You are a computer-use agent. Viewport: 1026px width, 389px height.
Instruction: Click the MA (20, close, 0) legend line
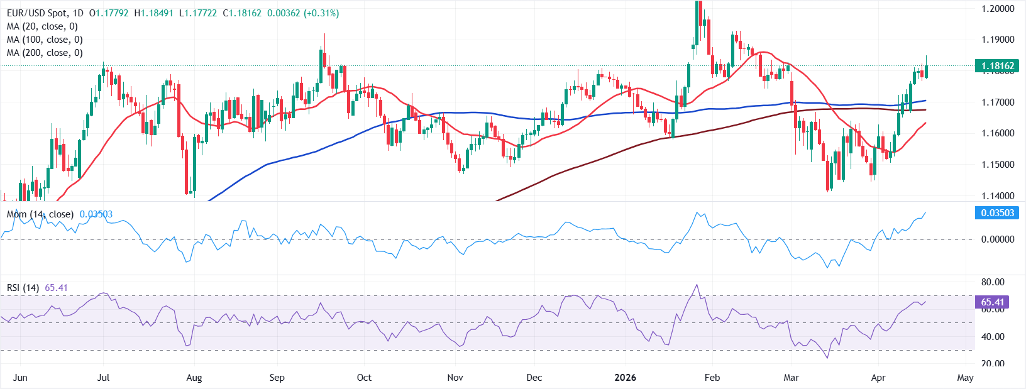coord(42,26)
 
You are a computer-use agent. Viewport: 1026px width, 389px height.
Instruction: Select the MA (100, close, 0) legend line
coord(45,40)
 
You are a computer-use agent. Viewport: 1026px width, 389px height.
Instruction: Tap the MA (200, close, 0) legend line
coord(45,53)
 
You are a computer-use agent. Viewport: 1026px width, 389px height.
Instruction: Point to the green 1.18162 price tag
coord(998,66)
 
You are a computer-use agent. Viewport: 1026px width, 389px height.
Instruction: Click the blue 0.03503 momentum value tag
coord(998,213)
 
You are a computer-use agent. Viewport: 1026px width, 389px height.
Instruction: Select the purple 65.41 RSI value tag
coord(993,302)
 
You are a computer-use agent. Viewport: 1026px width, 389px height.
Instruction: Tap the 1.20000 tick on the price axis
coord(998,9)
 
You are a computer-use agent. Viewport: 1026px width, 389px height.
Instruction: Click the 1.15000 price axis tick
coord(998,165)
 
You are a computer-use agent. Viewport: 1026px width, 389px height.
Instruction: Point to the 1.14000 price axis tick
coord(998,196)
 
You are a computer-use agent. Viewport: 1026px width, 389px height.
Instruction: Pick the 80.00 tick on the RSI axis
coord(993,282)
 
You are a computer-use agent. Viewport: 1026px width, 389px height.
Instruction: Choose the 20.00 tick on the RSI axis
coord(993,363)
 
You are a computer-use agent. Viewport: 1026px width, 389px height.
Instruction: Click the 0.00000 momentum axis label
coord(998,239)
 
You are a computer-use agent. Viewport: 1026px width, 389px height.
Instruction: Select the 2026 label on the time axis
coord(625,378)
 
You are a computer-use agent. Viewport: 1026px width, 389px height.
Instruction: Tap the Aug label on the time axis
coord(194,378)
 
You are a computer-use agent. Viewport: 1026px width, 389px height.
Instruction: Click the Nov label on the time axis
coord(455,378)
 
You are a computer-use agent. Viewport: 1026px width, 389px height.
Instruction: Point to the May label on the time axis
coord(965,378)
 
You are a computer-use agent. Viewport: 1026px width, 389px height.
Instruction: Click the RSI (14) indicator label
coord(23,288)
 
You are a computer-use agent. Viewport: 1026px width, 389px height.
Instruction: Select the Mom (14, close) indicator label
coord(40,214)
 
